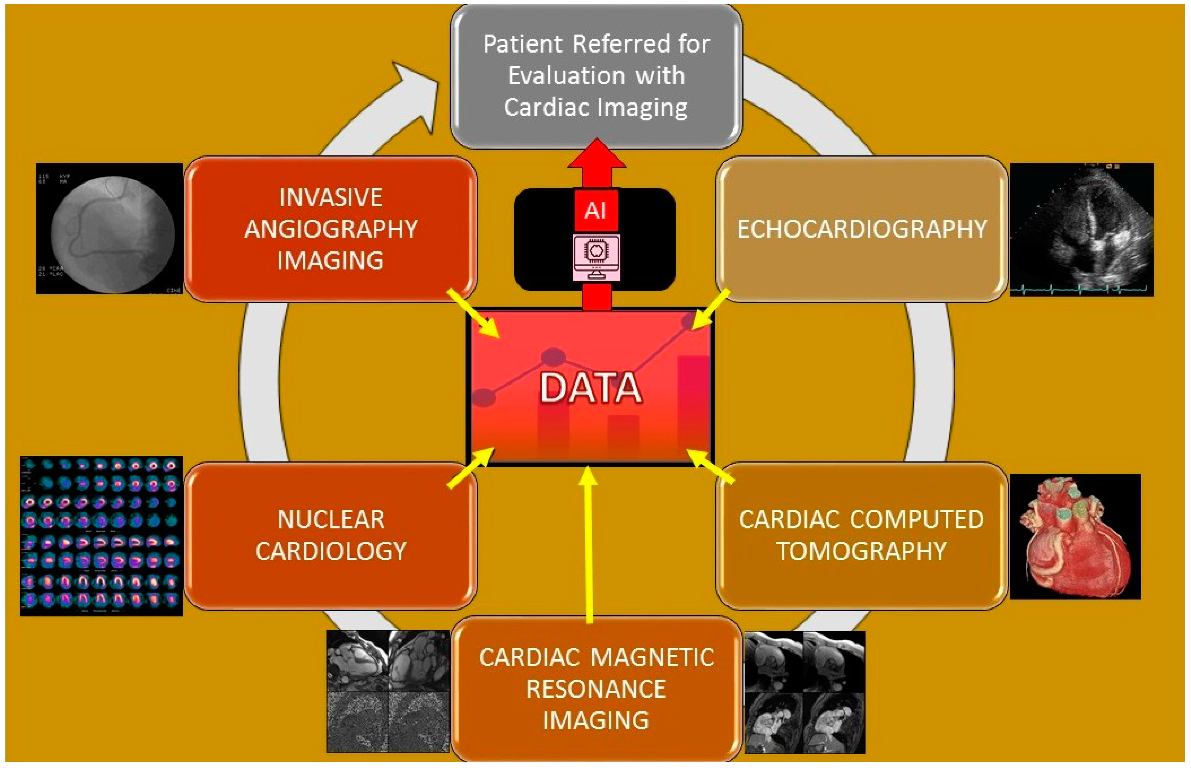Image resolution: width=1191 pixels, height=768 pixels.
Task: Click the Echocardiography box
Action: [862, 230]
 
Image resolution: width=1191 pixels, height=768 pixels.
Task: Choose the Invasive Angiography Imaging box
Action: [331, 230]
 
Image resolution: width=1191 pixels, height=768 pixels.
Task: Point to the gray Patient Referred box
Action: [596, 76]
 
